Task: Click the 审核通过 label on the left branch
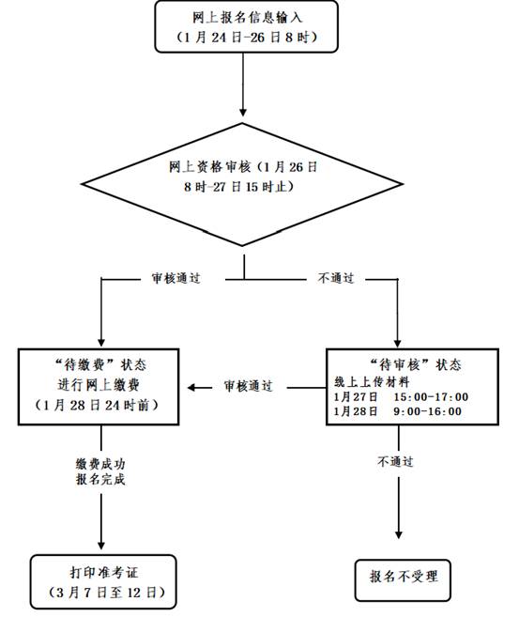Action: tap(176, 279)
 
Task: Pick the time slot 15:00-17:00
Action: tap(428, 396)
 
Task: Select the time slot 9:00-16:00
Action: tap(428, 411)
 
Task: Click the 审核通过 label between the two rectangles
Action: tap(248, 386)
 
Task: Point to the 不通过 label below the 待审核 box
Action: tap(396, 462)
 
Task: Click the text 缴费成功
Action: tap(100, 463)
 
